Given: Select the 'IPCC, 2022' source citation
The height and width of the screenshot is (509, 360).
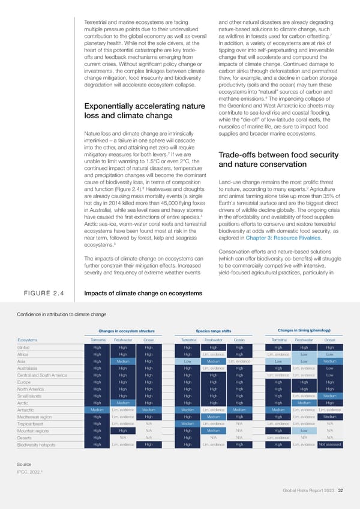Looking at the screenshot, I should pos(31,472).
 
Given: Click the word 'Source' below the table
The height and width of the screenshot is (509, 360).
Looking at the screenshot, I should pos(25,464).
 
